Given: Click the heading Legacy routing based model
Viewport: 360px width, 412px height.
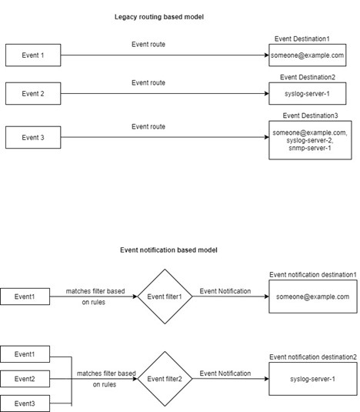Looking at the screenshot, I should pyautogui.click(x=159, y=16).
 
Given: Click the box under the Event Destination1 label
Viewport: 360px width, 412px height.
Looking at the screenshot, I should pyautogui.click(x=307, y=55).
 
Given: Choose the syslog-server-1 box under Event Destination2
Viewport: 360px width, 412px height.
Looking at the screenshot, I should pyautogui.click(x=307, y=93).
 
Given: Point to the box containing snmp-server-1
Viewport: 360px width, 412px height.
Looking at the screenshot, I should pyautogui.click(x=307, y=139).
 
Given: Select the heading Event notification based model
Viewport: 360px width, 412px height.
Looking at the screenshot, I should pyautogui.click(x=168, y=250).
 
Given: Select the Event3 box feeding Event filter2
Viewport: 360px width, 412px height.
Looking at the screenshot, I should pyautogui.click(x=25, y=404).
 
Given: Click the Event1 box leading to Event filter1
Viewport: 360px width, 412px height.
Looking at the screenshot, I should pyautogui.click(x=25, y=296).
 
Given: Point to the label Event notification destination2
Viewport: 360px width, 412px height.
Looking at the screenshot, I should pyautogui.click(x=312, y=357).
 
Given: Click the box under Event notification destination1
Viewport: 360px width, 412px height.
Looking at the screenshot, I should pyautogui.click(x=312, y=296).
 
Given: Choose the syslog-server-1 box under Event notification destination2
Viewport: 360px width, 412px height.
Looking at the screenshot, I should pyautogui.click(x=312, y=379).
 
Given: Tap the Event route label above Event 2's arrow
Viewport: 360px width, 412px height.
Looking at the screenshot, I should pyautogui.click(x=148, y=82).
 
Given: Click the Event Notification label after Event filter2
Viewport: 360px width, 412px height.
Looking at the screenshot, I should pyautogui.click(x=225, y=373).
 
